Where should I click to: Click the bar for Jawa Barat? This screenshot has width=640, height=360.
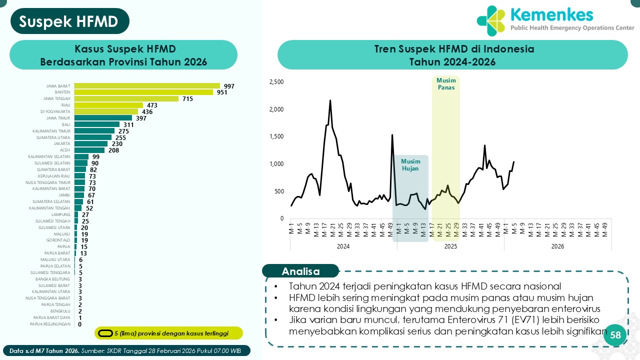click(x=147, y=86)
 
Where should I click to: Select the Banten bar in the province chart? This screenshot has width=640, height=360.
click(x=143, y=92)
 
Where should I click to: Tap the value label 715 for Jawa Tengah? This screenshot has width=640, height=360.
click(x=187, y=99)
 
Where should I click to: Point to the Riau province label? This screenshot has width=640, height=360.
click(x=65, y=105)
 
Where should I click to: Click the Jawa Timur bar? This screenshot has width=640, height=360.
click(x=103, y=118)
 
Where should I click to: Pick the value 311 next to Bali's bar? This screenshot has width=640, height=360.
click(x=128, y=124)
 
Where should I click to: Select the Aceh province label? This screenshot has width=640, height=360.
click(x=65, y=150)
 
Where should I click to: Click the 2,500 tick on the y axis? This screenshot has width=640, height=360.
click(x=276, y=82)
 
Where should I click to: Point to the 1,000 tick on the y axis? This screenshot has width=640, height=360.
click(x=276, y=164)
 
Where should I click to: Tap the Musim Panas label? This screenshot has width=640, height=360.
click(x=445, y=84)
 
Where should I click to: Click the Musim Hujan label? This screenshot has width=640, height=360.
click(x=410, y=165)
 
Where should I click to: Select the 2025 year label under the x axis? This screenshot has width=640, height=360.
click(x=450, y=246)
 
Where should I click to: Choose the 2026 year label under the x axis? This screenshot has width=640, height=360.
click(x=557, y=246)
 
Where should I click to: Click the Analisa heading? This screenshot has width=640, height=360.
click(x=300, y=271)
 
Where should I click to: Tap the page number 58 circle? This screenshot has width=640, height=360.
click(x=615, y=335)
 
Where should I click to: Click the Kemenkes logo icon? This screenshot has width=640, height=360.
click(x=491, y=20)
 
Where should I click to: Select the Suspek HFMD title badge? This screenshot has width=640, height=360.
click(x=69, y=21)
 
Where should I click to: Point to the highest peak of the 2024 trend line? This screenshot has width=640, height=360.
click(x=330, y=100)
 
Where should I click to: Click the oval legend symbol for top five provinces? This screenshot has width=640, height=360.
click(x=105, y=333)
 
